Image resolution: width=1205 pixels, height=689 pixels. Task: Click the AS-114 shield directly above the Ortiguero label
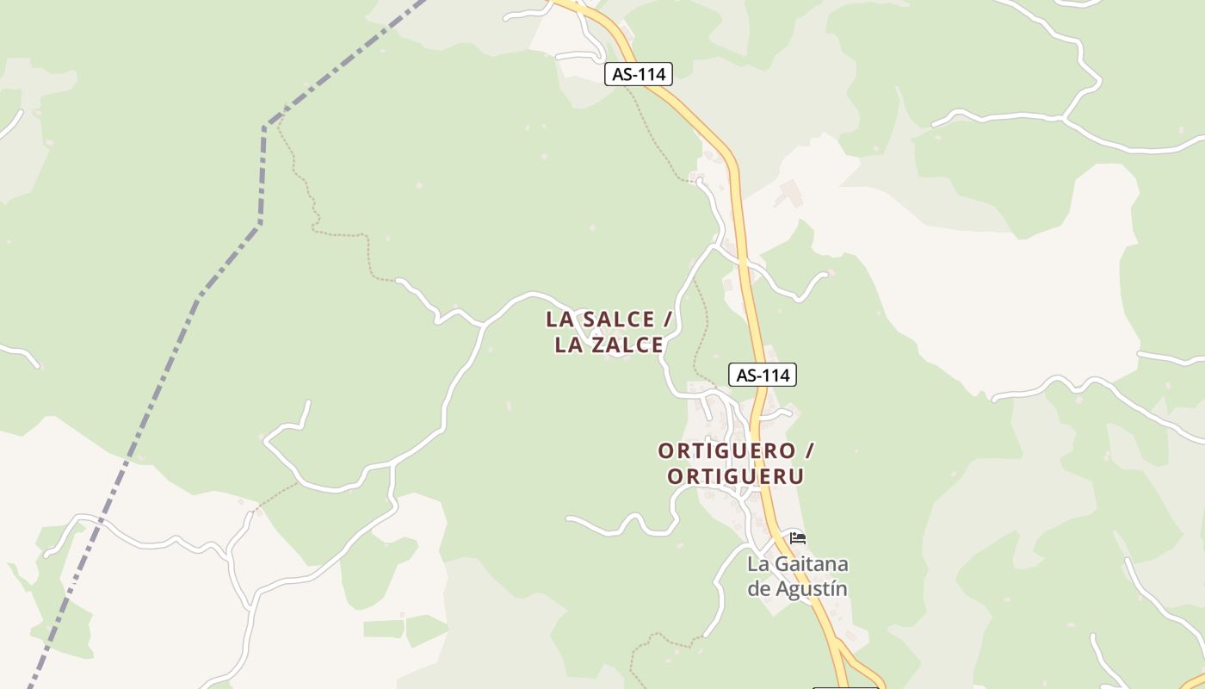point(763,375)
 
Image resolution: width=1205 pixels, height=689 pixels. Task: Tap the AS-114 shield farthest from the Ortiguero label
point(638,74)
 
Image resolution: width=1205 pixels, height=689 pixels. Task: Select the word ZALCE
point(627,345)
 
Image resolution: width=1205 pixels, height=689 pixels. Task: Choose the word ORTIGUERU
point(736,476)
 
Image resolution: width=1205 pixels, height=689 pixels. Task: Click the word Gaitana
point(812,565)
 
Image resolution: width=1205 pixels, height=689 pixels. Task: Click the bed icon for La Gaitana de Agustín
point(798,538)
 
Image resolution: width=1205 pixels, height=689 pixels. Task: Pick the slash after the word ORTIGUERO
point(808,450)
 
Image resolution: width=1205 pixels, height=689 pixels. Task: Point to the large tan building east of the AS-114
point(788,194)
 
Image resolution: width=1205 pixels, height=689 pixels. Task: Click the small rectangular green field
point(383,629)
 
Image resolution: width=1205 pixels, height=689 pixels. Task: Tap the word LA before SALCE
point(560,320)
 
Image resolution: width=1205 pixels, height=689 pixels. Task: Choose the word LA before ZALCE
point(569,345)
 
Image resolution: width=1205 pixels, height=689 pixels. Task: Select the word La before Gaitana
point(757,565)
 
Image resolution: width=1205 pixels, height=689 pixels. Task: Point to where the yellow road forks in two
point(838,648)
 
